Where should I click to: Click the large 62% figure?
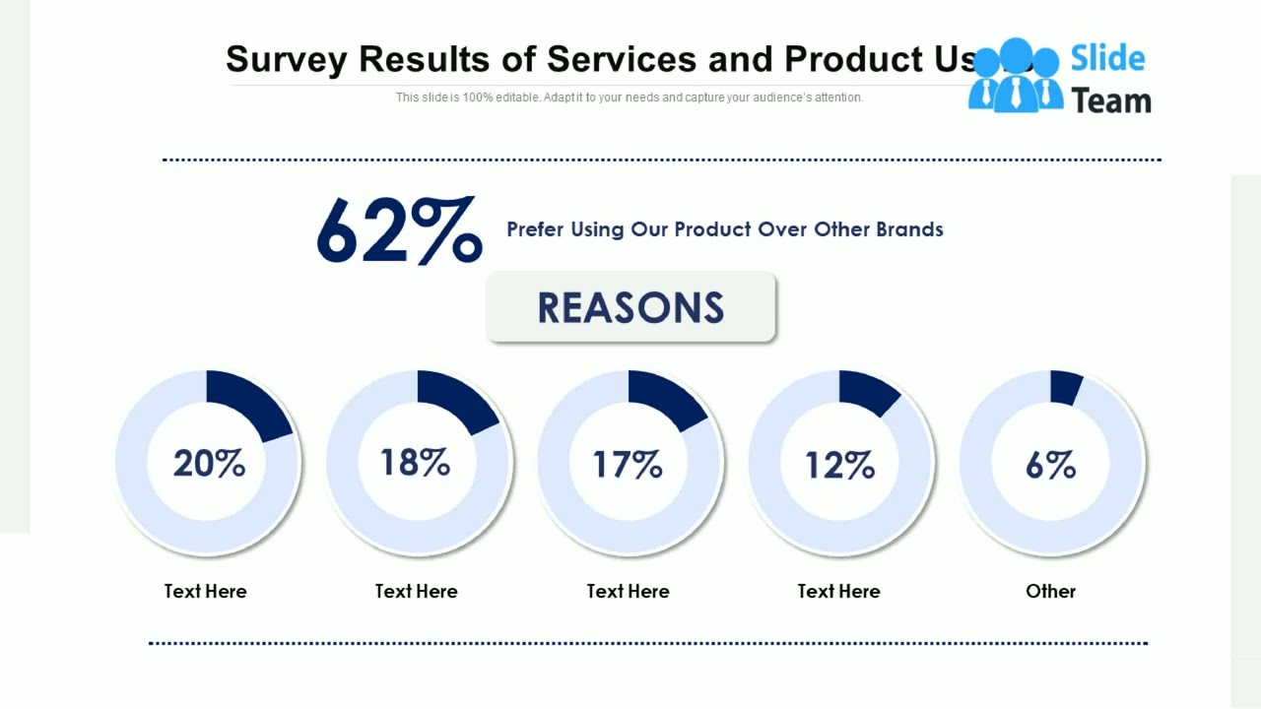[x=399, y=231]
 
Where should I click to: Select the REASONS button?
[x=630, y=308]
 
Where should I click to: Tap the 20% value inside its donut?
[x=209, y=463]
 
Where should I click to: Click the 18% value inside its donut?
[x=415, y=462]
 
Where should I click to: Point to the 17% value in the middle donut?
[x=628, y=465]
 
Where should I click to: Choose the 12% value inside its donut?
[x=839, y=465]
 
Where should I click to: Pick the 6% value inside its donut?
[x=1050, y=465]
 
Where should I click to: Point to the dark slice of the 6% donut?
[x=1065, y=387]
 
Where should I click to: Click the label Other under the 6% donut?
[x=1050, y=591]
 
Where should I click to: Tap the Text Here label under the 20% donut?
[x=205, y=591]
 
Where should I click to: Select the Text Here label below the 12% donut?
[x=838, y=591]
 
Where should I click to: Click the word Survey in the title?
[x=286, y=60]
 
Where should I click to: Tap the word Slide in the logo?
[x=1107, y=59]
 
